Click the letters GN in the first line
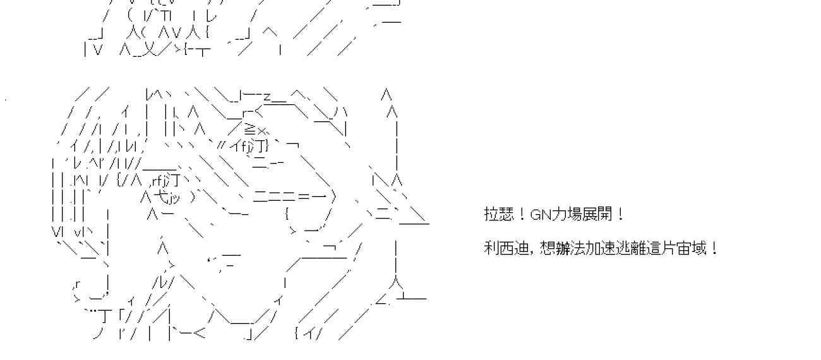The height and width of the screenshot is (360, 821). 541,215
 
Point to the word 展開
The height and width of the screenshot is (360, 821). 597,215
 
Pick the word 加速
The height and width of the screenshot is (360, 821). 597,248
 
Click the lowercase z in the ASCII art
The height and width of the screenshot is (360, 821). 267,97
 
